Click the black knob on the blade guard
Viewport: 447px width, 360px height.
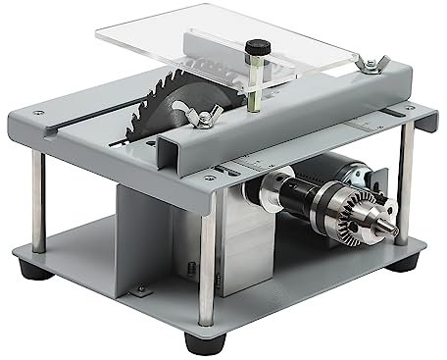260,47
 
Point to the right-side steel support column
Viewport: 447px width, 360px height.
407,206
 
